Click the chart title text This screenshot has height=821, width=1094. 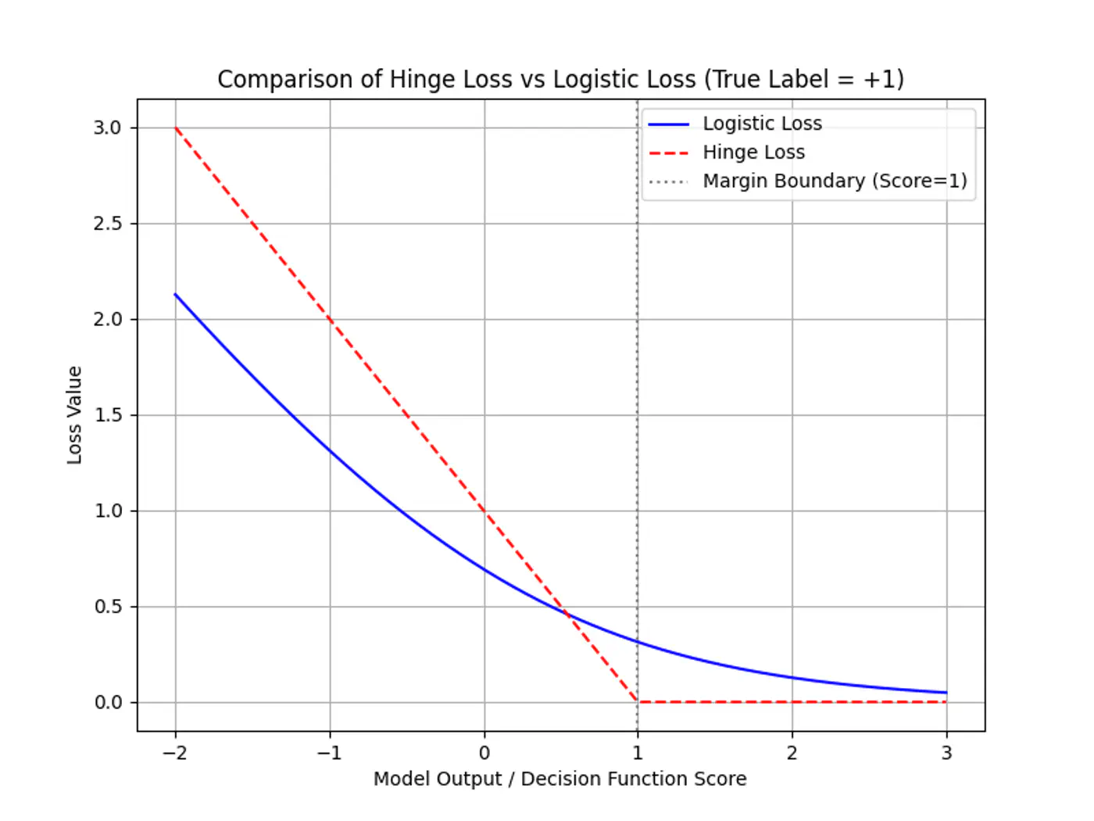click(560, 79)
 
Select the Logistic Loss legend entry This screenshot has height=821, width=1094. click(762, 124)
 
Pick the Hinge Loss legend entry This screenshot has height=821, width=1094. click(753, 152)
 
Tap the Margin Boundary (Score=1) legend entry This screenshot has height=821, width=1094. click(835, 181)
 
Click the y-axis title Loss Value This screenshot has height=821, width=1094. click(74, 415)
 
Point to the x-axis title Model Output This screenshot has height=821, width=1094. click(560, 779)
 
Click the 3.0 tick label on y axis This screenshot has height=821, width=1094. click(108, 127)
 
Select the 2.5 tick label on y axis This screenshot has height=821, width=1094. click(108, 224)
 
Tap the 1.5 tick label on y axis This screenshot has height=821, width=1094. click(108, 415)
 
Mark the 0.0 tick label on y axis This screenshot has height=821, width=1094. click(108, 702)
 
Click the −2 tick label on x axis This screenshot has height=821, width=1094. click(175, 753)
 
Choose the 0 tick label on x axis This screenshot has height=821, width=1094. click(484, 753)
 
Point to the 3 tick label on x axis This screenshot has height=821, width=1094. click(946, 753)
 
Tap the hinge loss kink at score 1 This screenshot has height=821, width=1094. click(638, 702)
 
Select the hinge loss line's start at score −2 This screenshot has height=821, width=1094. click(176, 127)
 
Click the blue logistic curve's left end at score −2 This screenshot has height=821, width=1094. click(176, 295)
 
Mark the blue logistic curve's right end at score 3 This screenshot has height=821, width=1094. click(946, 693)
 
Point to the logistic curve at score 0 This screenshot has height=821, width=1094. click(484, 570)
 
